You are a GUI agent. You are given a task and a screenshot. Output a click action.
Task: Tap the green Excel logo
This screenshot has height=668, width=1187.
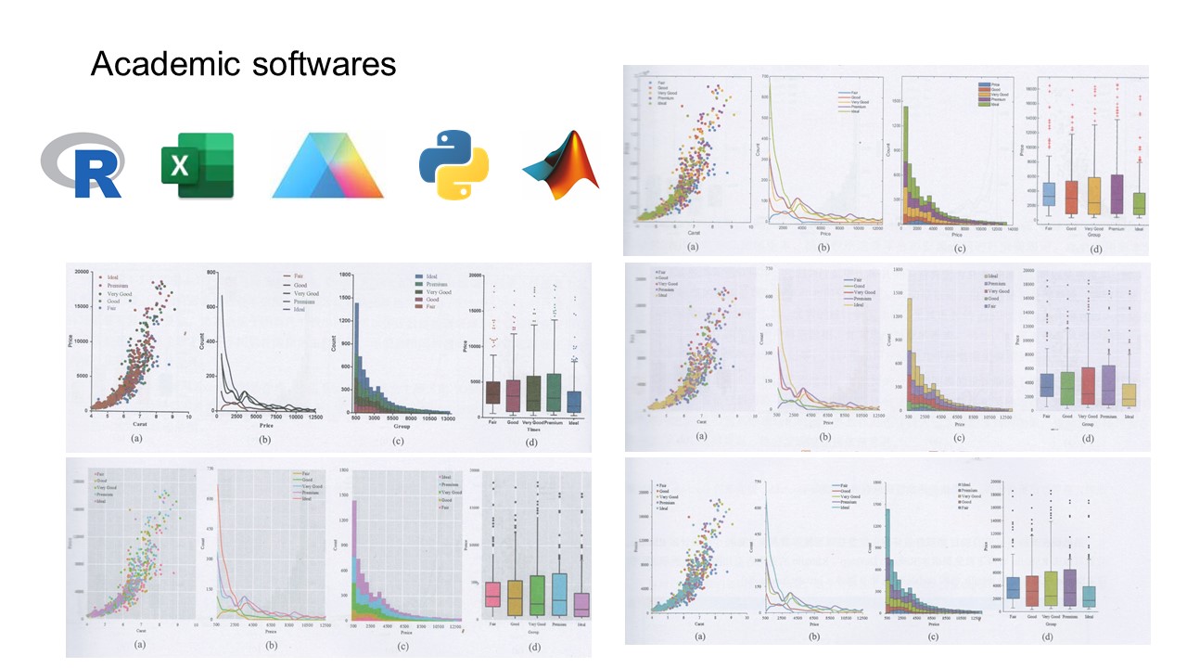click(x=197, y=165)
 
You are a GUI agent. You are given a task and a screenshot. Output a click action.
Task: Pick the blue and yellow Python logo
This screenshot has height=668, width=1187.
click(x=453, y=165)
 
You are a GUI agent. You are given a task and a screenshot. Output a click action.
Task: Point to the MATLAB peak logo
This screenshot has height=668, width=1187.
click(x=562, y=165)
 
